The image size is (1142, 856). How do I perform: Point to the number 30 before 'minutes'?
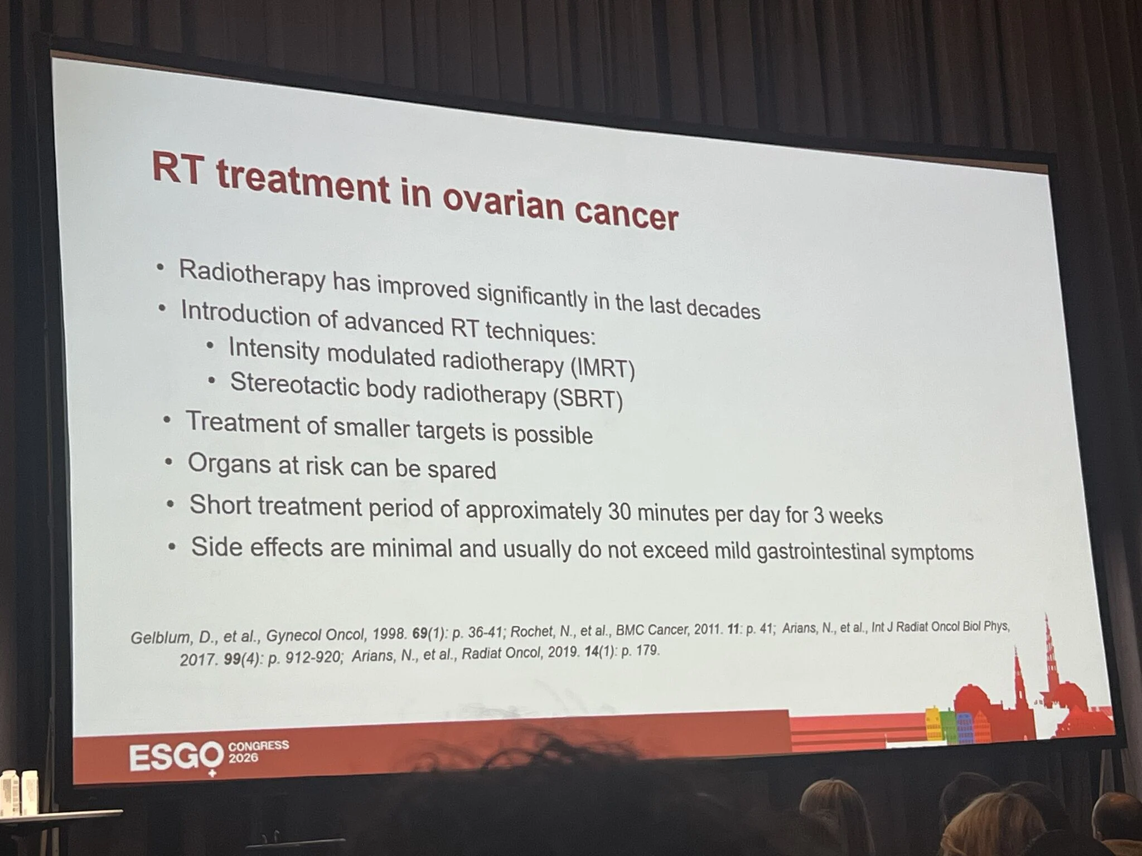tap(619, 512)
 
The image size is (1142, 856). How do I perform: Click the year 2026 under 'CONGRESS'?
tap(243, 757)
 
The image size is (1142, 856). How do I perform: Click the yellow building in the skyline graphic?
tap(933, 723)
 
